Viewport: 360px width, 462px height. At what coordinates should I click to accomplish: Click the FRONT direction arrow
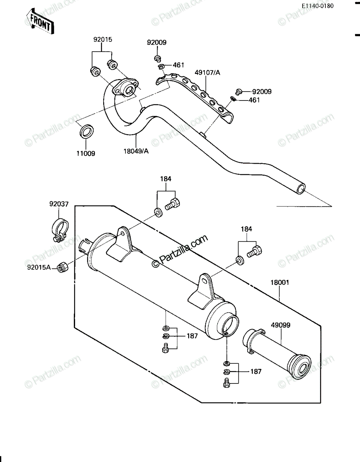click(x=40, y=22)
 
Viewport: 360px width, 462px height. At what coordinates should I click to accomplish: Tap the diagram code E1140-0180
click(x=318, y=6)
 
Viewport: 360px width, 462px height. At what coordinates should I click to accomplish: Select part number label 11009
click(x=86, y=153)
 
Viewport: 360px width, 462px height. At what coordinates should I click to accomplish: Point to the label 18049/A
click(x=136, y=151)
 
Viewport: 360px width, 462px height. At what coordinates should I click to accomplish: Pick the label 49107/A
click(x=208, y=73)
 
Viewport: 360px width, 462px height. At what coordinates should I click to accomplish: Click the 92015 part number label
click(x=103, y=40)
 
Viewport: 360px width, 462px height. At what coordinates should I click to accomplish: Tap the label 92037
click(x=59, y=204)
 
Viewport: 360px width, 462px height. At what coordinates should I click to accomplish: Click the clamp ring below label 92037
click(x=60, y=230)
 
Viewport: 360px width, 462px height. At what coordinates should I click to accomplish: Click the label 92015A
click(x=39, y=268)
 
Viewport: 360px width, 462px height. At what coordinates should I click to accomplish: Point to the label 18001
click(x=280, y=283)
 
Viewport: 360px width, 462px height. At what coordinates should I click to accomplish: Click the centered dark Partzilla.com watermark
click(x=180, y=251)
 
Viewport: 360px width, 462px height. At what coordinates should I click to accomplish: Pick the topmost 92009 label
click(x=157, y=42)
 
